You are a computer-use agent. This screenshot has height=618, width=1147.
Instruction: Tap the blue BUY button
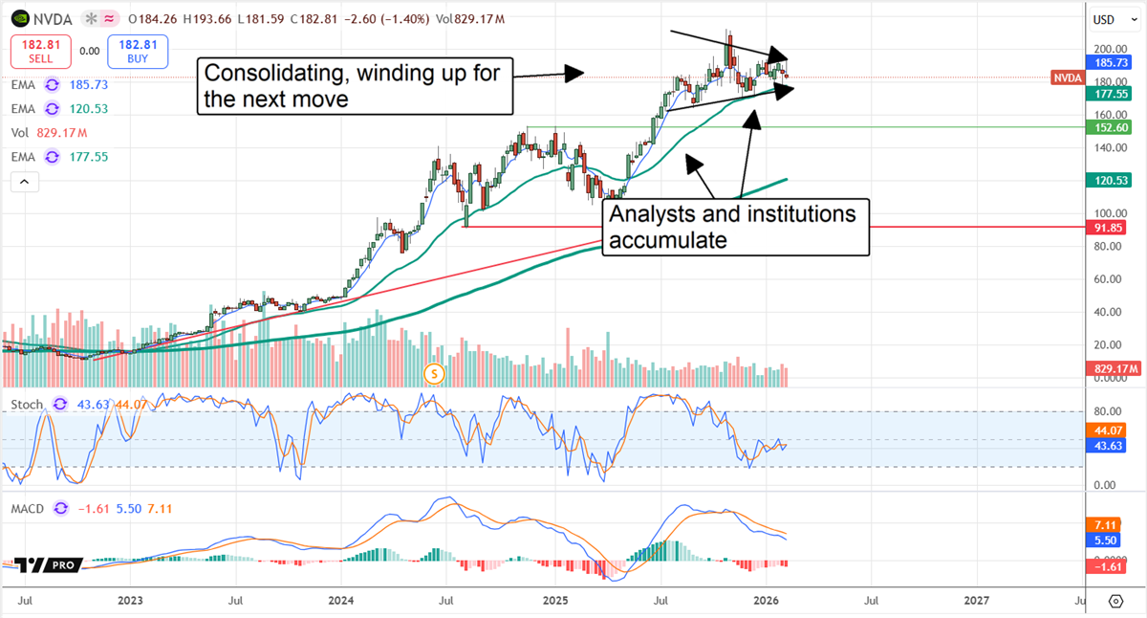click(139, 51)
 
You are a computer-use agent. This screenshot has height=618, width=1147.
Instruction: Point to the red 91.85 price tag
click(1109, 228)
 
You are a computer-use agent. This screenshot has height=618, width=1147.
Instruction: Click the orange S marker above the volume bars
click(435, 372)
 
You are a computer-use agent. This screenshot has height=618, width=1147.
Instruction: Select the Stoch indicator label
click(27, 405)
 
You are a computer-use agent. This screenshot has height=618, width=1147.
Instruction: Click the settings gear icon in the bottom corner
click(1115, 601)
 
